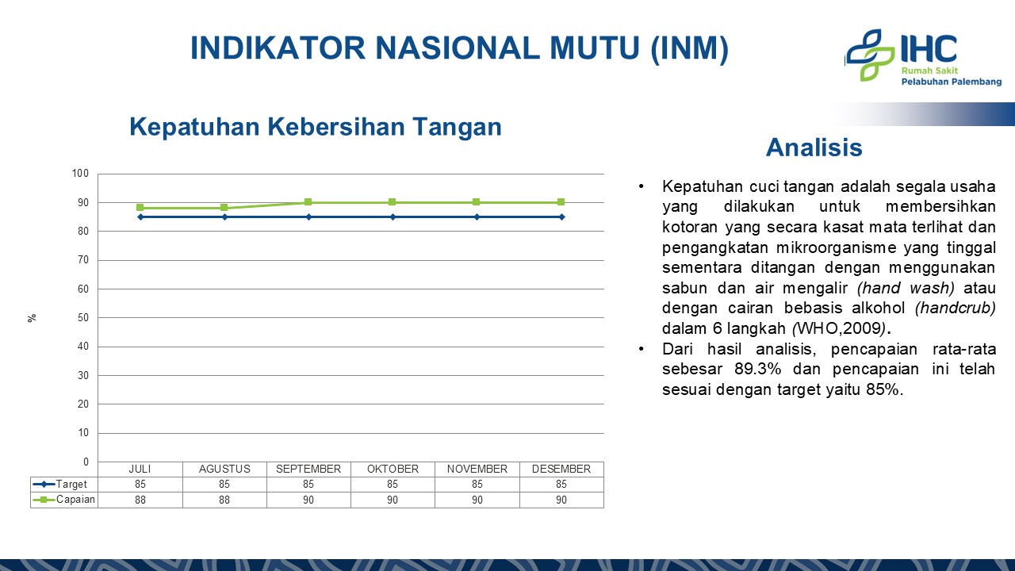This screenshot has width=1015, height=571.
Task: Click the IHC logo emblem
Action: (x=871, y=56)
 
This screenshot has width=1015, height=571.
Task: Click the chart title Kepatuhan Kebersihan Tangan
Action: (x=316, y=126)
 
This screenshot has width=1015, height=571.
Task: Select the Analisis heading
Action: (x=814, y=148)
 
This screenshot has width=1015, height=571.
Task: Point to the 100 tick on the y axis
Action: (x=80, y=173)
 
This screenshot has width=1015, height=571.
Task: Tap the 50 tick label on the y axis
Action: (x=83, y=317)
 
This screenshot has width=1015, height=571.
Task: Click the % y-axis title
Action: (x=32, y=318)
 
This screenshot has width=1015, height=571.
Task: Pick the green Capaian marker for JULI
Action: (x=140, y=208)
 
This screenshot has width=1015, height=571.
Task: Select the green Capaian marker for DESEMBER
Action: (x=561, y=202)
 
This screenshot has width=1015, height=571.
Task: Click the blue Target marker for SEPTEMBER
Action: (x=308, y=217)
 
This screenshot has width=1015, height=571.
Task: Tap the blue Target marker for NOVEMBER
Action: (x=477, y=217)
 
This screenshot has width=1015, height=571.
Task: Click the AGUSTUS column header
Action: (x=224, y=469)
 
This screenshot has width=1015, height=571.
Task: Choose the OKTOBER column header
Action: (x=393, y=469)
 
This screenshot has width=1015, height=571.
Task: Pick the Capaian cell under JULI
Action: (x=140, y=500)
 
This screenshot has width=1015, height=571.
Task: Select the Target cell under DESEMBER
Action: (x=561, y=484)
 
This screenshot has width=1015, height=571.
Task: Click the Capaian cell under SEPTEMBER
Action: (x=308, y=500)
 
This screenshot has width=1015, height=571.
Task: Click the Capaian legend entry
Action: (x=64, y=500)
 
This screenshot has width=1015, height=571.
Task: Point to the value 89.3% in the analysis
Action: (x=757, y=369)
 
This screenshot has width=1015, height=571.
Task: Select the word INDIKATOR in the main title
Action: (x=278, y=48)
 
